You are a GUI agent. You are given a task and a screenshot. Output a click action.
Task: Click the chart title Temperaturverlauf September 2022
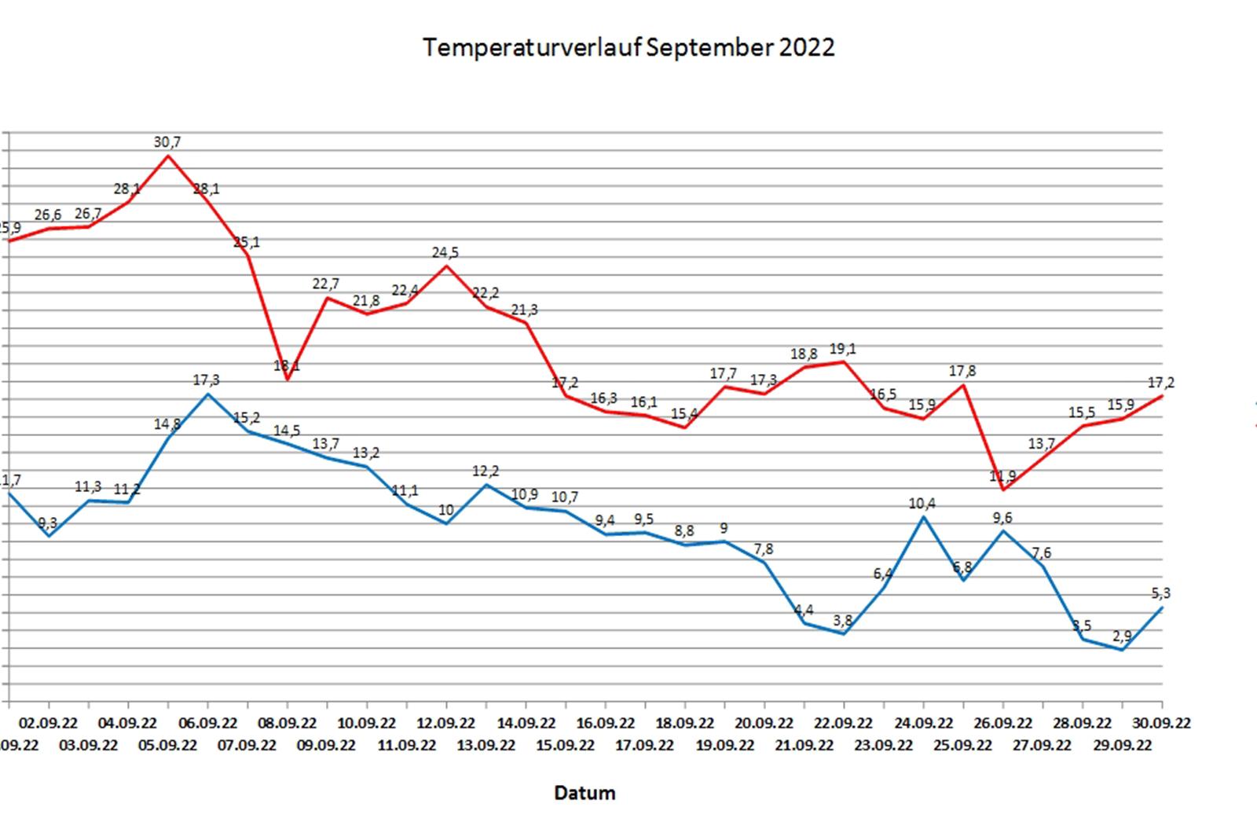[628, 47]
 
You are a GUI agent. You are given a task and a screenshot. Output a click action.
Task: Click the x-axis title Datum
[585, 793]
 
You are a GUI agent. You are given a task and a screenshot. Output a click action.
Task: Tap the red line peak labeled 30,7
[167, 156]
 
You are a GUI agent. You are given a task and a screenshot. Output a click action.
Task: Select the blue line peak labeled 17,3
[207, 394]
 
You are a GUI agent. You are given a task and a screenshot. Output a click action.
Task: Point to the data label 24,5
[445, 253]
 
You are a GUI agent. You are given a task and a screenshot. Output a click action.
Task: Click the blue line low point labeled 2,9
[1122, 650]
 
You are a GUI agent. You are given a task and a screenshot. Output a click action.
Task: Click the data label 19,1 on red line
[843, 349]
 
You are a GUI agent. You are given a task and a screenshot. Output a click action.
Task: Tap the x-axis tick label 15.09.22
[565, 745]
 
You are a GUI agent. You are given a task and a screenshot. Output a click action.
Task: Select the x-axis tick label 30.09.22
[1161, 723]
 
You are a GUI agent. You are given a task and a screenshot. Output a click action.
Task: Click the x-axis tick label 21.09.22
[804, 745]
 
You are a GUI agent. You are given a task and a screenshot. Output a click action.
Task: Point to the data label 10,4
[922, 504]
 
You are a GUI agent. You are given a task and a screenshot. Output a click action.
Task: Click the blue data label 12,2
[486, 471]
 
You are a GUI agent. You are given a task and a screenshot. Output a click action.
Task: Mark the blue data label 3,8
[843, 621]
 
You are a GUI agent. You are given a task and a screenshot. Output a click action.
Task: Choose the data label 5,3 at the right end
[1161, 593]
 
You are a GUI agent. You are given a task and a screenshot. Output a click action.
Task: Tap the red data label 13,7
[1042, 444]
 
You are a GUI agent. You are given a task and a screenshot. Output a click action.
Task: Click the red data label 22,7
[326, 284]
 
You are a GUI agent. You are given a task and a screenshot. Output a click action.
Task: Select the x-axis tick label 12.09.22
[445, 723]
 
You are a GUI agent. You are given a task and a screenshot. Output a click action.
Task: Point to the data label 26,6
[47, 215]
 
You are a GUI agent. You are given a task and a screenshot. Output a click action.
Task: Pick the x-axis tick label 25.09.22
[962, 745]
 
